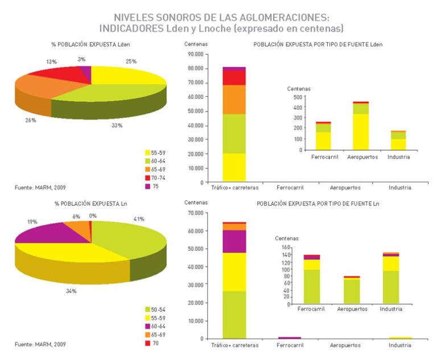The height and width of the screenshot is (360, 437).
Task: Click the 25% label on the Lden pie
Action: click(x=131, y=61)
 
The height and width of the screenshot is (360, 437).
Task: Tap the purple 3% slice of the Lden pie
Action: click(x=86, y=72)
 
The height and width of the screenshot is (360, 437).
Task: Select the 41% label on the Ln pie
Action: click(x=139, y=219)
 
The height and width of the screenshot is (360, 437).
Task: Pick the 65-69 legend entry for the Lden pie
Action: click(x=155, y=169)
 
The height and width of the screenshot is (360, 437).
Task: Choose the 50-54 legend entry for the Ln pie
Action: click(x=155, y=309)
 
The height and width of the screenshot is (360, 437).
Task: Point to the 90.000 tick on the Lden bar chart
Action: click(x=196, y=54)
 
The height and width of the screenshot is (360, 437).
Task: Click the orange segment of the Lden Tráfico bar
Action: click(x=234, y=100)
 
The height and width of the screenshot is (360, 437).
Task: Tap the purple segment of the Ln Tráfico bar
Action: click(x=234, y=241)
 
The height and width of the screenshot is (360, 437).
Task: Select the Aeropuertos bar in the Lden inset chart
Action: click(x=361, y=126)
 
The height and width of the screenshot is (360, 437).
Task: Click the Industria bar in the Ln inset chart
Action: click(x=391, y=278)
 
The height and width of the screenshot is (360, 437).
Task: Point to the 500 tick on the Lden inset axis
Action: click(x=298, y=97)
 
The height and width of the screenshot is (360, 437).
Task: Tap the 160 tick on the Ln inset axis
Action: click(x=286, y=247)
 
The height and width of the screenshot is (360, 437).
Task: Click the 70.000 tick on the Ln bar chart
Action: click(x=196, y=213)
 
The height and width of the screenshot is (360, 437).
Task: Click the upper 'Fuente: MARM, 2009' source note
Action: click(x=40, y=188)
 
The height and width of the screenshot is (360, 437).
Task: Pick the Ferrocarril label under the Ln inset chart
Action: click(x=311, y=309)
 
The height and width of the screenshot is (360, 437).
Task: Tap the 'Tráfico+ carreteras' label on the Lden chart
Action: click(x=234, y=188)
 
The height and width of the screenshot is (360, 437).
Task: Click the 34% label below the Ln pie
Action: click(x=71, y=291)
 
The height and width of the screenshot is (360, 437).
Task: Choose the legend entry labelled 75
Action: click(x=152, y=187)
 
